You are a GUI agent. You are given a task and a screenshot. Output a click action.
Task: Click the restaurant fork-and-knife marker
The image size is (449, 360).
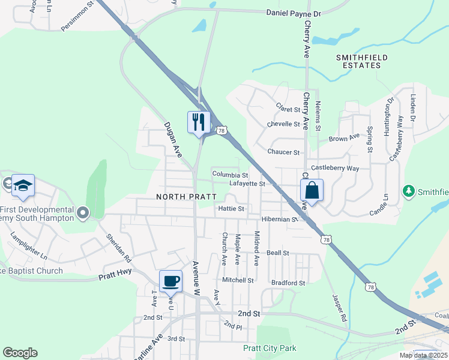199,122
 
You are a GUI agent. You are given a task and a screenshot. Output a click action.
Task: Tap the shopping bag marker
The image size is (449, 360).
312,191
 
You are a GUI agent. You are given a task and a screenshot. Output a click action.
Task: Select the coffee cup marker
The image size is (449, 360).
171,281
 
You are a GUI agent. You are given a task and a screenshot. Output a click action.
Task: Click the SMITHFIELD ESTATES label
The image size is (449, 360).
361,62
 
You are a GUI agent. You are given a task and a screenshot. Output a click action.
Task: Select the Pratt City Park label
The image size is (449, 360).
270,348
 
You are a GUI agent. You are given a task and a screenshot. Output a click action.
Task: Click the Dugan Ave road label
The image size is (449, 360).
173,140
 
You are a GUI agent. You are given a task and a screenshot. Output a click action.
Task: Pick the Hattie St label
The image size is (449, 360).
232,209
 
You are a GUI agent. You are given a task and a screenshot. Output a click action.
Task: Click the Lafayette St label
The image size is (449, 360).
247,184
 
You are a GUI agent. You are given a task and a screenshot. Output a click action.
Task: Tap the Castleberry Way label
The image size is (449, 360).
334,169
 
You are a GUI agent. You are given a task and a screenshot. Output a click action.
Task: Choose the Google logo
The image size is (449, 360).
20,353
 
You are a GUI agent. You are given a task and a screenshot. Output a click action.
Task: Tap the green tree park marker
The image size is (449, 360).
409,191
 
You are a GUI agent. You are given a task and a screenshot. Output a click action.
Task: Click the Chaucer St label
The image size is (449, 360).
283,152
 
